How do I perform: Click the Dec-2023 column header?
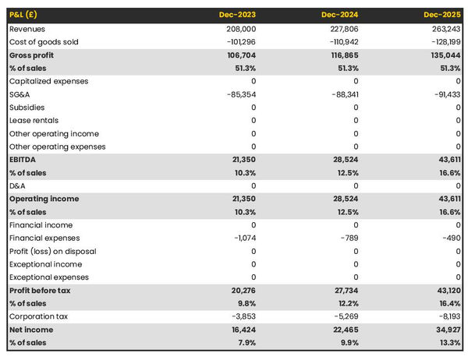coord(238,15)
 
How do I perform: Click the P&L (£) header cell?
coord(26,15)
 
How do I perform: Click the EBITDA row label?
coord(24,160)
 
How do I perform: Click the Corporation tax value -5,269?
coord(344,316)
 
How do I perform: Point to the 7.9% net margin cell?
coord(245,343)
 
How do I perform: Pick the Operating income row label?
coord(44,199)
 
